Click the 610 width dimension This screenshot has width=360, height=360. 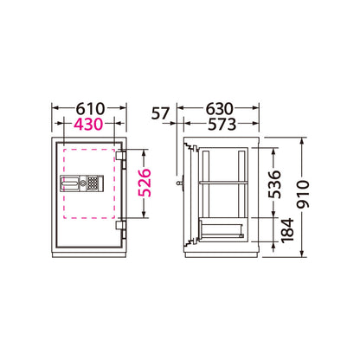pos(90,109)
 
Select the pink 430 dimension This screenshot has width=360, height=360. pos(88,124)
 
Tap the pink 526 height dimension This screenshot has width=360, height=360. pos(145,183)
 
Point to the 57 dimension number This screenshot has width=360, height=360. pos(160,113)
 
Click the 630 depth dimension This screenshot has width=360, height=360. pos(219,109)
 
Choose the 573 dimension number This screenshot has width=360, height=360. pos(222,125)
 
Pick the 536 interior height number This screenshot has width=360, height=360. pos(274,184)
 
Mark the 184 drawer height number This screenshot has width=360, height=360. pos(287,231)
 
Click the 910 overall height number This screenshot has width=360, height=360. pos(303,194)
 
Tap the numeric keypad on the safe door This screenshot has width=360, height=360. pos(93,183)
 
